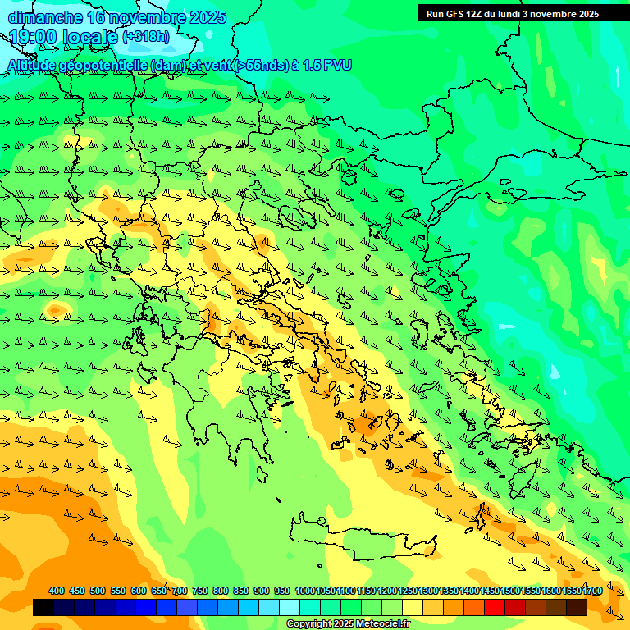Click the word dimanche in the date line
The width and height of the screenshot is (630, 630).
pyautogui.click(x=43, y=16)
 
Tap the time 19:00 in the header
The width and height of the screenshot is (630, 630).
pyautogui.click(x=34, y=37)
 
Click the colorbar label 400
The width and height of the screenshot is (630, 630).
pyautogui.click(x=57, y=591)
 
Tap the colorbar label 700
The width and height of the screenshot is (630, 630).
pyautogui.click(x=180, y=591)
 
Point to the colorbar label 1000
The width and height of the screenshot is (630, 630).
pyautogui.click(x=304, y=591)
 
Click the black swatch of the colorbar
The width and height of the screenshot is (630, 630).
pyautogui.click(x=43, y=608)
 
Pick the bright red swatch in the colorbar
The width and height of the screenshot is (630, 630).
pyautogui.click(x=495, y=608)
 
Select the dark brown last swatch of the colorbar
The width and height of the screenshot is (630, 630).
pyautogui.click(x=577, y=608)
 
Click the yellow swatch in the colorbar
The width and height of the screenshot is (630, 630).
pyautogui.click(x=413, y=608)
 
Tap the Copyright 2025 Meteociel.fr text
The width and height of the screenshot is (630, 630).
pyautogui.click(x=348, y=624)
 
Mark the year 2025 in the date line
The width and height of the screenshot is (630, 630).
pyautogui.click(x=208, y=16)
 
